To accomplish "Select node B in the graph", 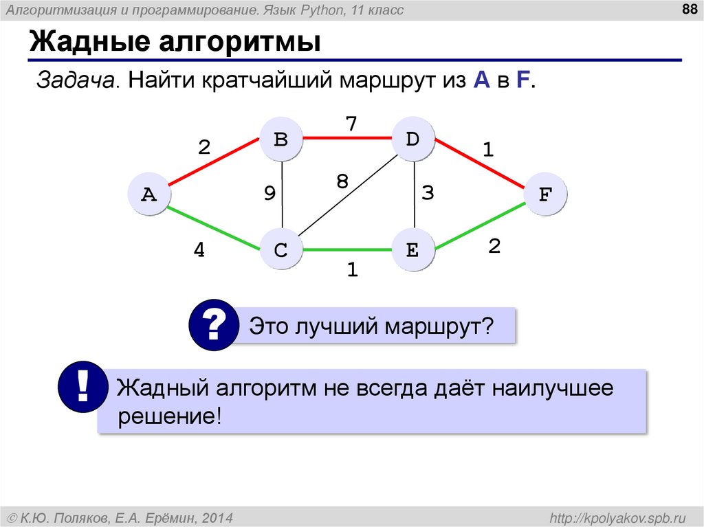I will click(280, 139).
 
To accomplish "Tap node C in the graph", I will click(280, 250).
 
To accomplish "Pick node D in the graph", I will click(412, 139).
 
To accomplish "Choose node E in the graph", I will click(412, 250).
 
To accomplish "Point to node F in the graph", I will click(544, 195).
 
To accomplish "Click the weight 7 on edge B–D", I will click(351, 124).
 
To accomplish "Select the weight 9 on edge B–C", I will click(269, 194).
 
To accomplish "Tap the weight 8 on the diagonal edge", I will click(342, 182).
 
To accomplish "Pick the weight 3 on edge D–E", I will click(428, 194).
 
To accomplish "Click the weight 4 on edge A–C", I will click(199, 251).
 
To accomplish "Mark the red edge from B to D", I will click(346, 139).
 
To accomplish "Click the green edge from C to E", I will click(346, 250).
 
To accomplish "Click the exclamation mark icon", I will click(82, 388).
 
